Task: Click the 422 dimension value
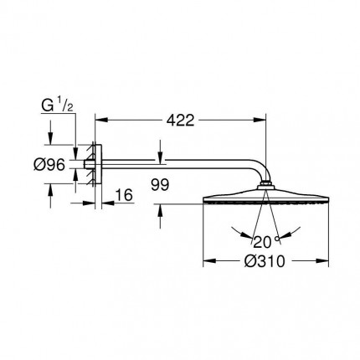(176, 121)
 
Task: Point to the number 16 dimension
(124, 195)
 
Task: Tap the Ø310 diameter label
(265, 260)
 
